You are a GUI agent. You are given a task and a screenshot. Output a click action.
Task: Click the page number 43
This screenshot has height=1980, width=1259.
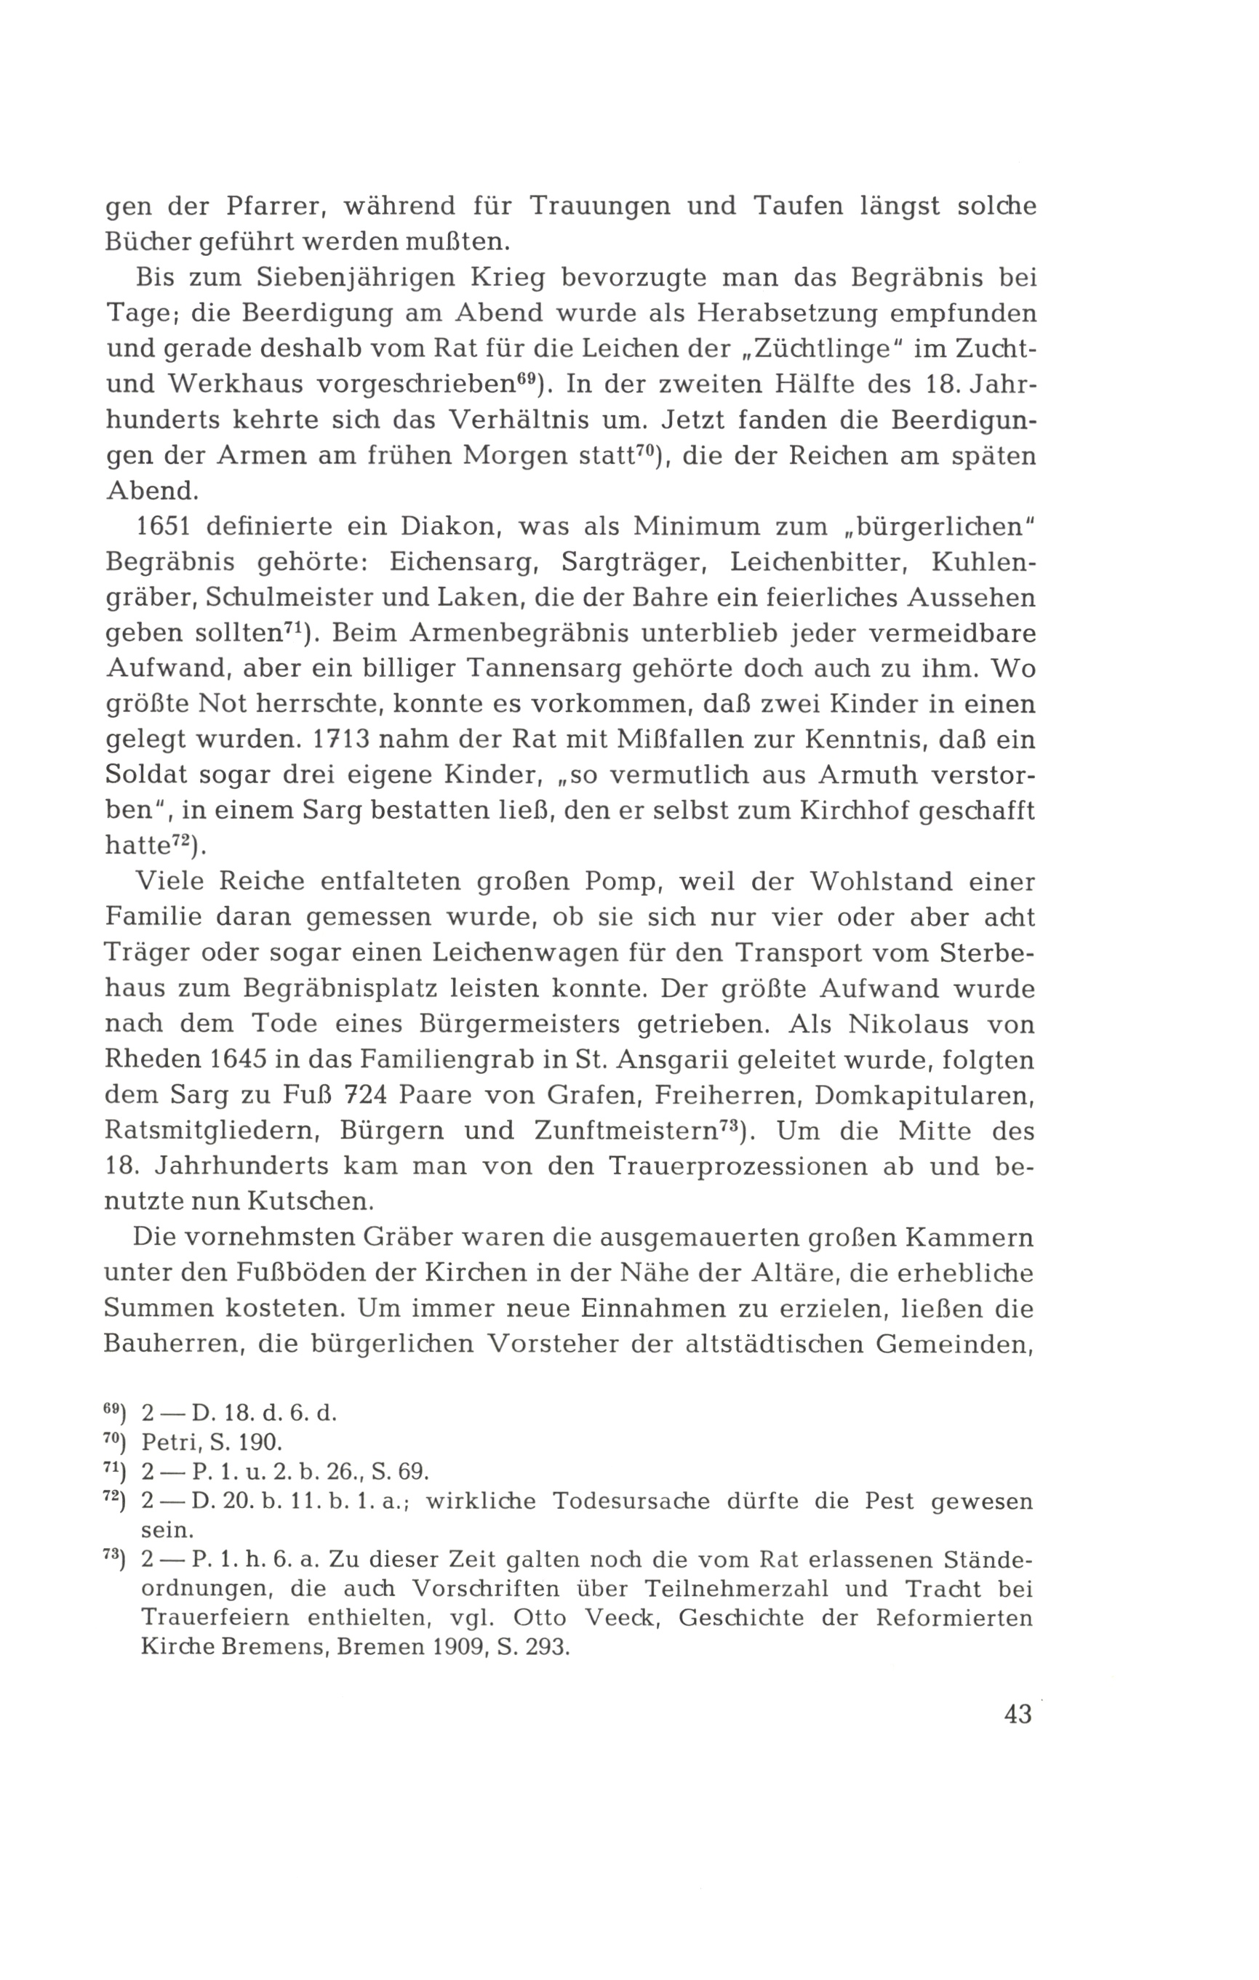(1018, 1715)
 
